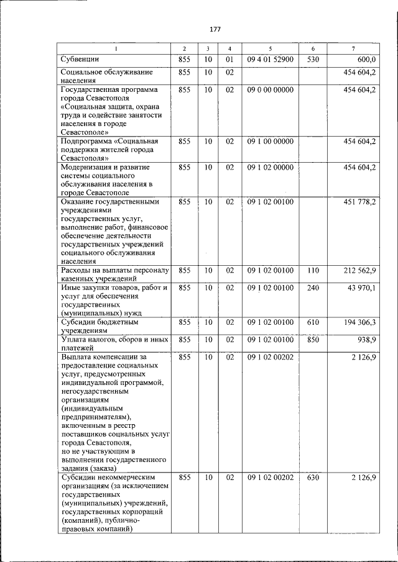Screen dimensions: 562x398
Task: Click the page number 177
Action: coord(215,29)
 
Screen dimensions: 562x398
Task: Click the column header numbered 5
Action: coord(270,48)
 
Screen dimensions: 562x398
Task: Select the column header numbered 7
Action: coord(353,48)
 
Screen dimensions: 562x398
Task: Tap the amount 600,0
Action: coord(366,60)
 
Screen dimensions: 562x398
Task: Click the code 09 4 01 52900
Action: coord(270,60)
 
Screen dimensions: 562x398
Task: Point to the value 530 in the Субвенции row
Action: coord(313,60)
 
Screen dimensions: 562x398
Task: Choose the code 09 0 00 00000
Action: coord(270,90)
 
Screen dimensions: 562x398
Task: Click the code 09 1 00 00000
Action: coord(270,142)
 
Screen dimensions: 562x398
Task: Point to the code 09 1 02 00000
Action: coord(270,168)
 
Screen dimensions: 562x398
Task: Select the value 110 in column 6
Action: coord(313,271)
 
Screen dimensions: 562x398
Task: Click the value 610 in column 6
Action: coord(313,322)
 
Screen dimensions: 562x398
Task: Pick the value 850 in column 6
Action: coord(313,340)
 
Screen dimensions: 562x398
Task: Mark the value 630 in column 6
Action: coord(313,477)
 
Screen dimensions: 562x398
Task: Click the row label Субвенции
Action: coord(81,60)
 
